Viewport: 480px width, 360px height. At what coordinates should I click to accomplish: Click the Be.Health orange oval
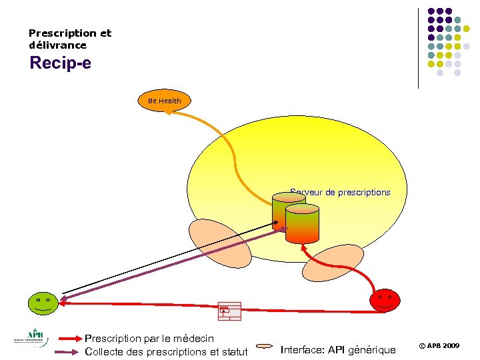(164, 101)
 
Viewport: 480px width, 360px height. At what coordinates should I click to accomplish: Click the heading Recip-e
(61, 63)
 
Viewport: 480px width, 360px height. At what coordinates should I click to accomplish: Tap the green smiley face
(43, 303)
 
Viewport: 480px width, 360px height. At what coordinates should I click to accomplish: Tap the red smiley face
(385, 300)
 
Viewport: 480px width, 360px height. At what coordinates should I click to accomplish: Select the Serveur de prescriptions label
(340, 193)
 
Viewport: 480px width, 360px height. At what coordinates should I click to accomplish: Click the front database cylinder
(302, 224)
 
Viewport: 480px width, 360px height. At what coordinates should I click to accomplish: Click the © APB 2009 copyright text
(439, 346)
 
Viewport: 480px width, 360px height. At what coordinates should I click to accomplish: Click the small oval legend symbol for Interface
(265, 347)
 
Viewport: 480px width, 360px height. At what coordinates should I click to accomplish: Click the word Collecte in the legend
(105, 351)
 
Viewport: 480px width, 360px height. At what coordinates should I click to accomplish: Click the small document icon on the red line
(229, 311)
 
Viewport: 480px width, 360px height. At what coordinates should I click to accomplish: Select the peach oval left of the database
(220, 243)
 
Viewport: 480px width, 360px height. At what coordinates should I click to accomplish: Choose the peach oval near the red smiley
(333, 263)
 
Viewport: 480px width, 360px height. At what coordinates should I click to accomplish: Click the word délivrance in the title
(57, 45)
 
